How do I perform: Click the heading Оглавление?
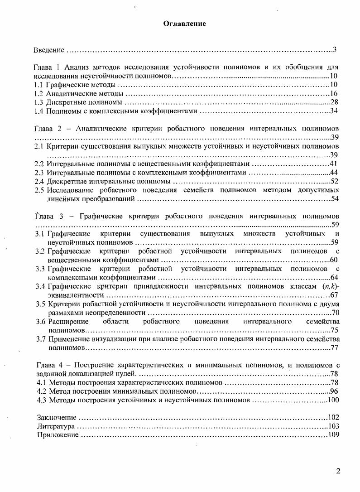[184, 24]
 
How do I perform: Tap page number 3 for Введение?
[334, 49]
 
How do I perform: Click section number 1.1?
[39, 85]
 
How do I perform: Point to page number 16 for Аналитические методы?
[335, 93]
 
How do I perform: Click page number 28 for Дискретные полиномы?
[335, 102]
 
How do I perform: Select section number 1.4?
[39, 111]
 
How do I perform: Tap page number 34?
[335, 111]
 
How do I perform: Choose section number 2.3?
[39, 172]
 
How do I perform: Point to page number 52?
[335, 181]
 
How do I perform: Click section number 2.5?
[39, 190]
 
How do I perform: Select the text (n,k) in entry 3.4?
[330, 286]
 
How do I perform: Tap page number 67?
[335, 295]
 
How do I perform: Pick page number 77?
[335, 348]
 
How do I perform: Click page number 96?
[335, 391]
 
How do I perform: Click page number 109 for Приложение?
[333, 435]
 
